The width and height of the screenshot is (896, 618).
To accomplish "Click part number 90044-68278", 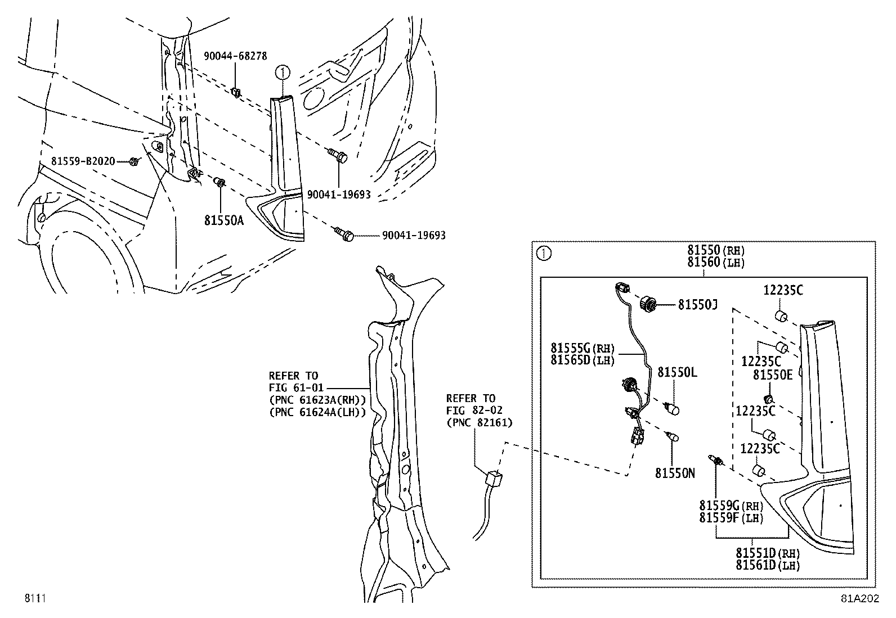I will [235, 56].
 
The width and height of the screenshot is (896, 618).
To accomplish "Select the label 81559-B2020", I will [83, 161].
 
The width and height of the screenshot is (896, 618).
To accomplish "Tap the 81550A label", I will [224, 220].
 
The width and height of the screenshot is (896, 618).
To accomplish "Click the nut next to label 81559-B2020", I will [134, 162].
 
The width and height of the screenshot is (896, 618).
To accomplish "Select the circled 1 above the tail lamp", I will [283, 72].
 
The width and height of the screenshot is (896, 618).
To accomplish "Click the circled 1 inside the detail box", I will [544, 254].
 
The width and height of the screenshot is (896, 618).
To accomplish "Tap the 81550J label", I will [697, 304].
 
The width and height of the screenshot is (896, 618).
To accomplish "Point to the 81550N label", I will [674, 473].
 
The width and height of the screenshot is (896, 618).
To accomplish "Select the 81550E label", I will [773, 375].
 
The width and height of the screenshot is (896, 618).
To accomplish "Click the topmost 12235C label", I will [783, 290].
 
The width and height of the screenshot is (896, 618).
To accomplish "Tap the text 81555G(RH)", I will [583, 348].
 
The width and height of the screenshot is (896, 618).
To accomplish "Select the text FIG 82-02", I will [471, 410].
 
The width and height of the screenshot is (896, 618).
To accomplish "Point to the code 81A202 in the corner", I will [859, 599].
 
